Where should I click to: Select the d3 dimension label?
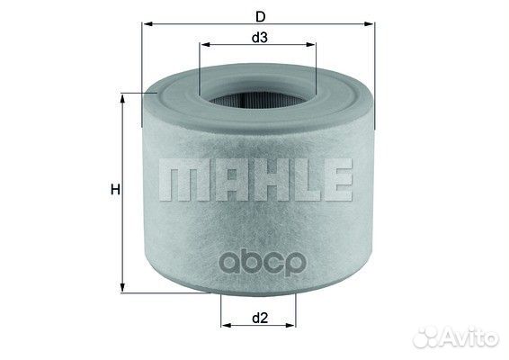point(259,37)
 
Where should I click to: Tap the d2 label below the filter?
point(257,317)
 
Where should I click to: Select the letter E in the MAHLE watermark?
point(335,180)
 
